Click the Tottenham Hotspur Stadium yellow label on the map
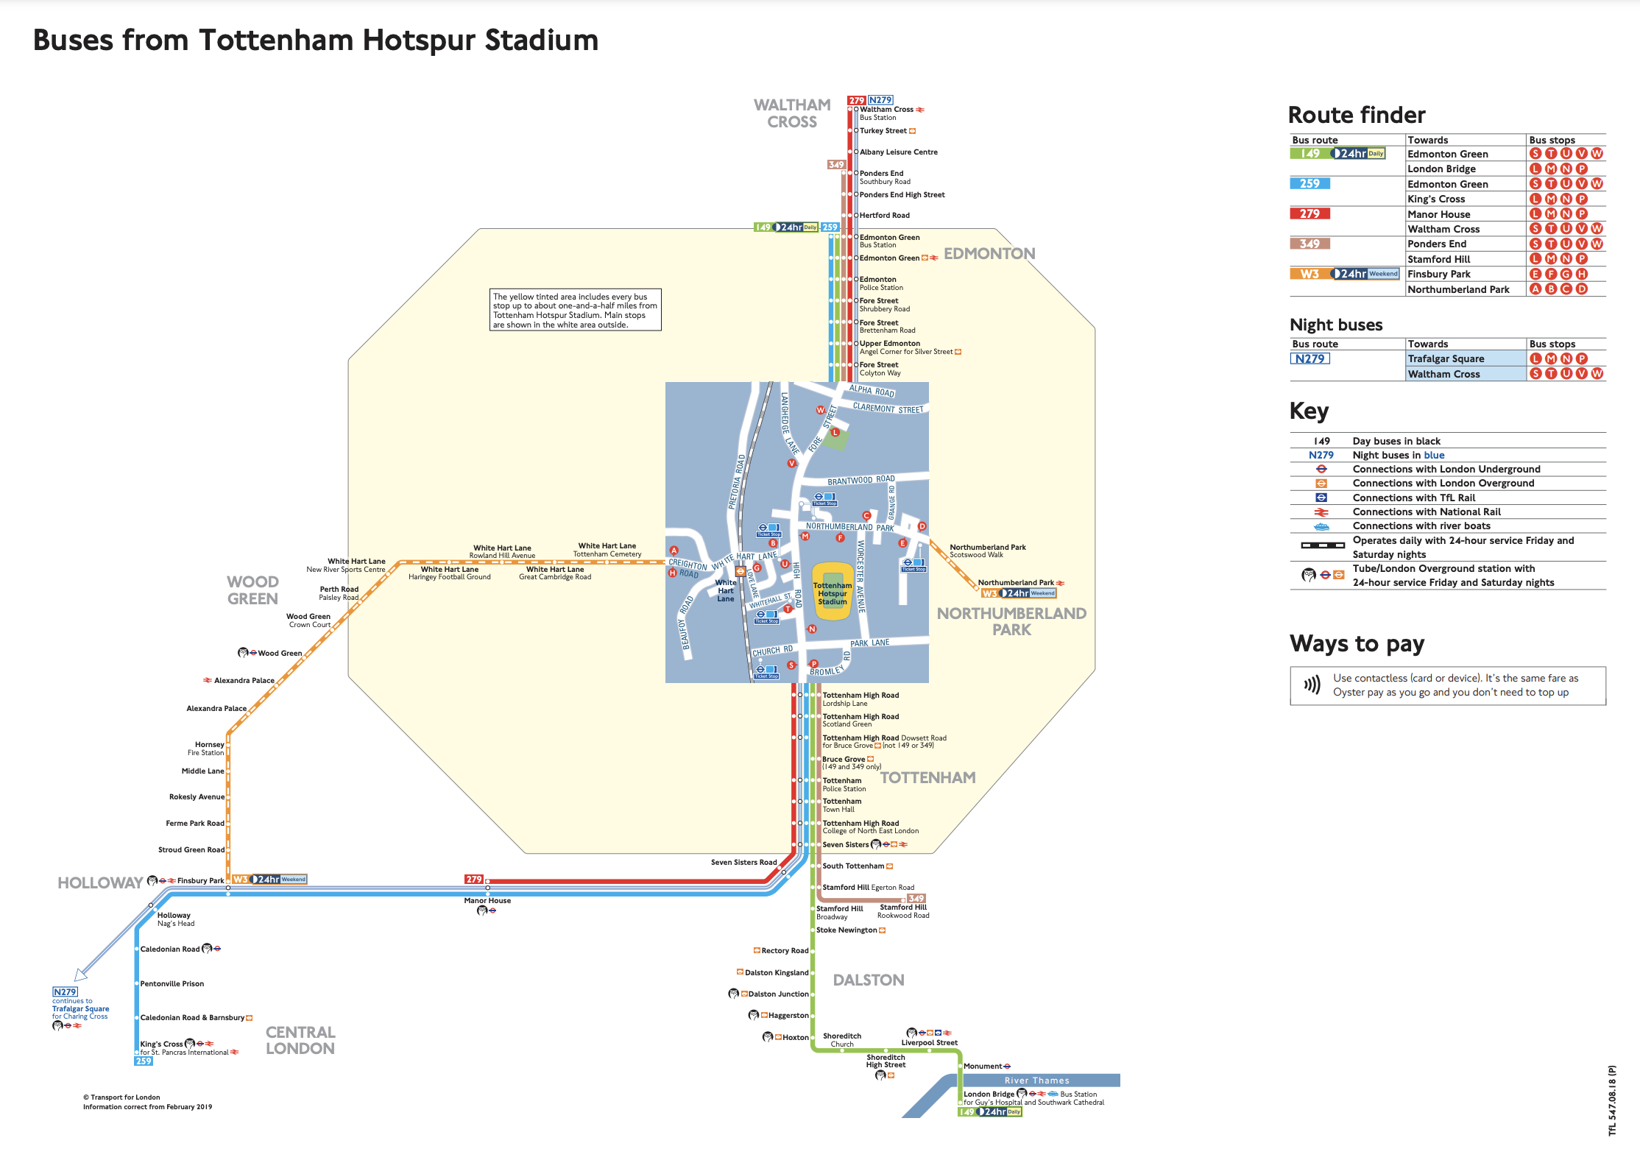tap(833, 593)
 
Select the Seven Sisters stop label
tap(846, 845)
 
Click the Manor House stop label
tap(487, 901)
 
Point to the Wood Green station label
tap(279, 654)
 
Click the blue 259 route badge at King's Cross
tap(144, 1061)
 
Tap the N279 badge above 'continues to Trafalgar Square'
tap(65, 991)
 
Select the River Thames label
tap(1036, 1081)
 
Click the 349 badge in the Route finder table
tap(1309, 244)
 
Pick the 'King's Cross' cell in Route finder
tap(1436, 199)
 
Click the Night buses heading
tap(1336, 325)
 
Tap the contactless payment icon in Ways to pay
tap(1312, 685)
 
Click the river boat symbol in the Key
tap(1321, 526)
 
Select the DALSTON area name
tap(869, 980)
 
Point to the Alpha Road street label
tap(872, 391)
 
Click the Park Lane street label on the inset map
tap(870, 643)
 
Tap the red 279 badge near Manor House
tap(474, 880)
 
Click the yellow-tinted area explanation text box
tap(575, 310)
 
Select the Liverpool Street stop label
tap(929, 1043)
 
